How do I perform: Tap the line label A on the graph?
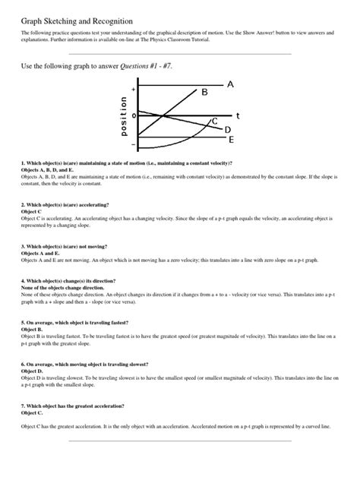pyautogui.click(x=230, y=84)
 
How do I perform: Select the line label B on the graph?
pyautogui.click(x=204, y=93)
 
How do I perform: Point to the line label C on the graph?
pyautogui.click(x=215, y=122)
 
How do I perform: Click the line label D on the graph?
pyautogui.click(x=227, y=130)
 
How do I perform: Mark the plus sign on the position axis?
pyautogui.click(x=134, y=89)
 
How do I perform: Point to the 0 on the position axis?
pyautogui.click(x=134, y=115)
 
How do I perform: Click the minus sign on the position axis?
pyautogui.click(x=134, y=142)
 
